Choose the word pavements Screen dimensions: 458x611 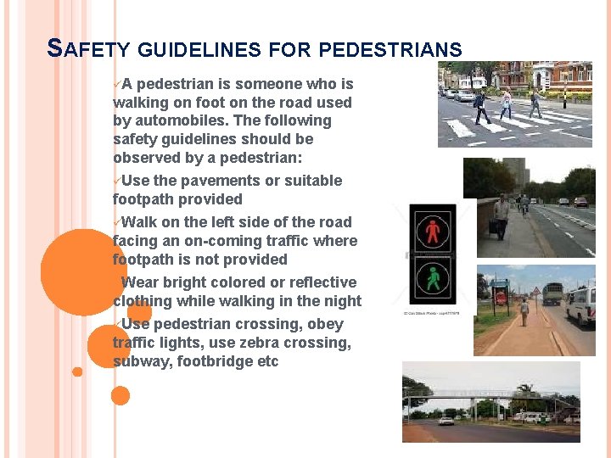point(194,181)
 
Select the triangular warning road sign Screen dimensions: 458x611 point(535,291)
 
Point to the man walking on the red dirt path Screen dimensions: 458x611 point(524,311)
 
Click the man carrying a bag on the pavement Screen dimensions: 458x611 point(502,216)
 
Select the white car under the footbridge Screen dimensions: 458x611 point(446,420)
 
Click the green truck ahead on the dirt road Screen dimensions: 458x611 point(552,293)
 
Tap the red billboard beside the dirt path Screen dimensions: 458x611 point(501,298)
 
